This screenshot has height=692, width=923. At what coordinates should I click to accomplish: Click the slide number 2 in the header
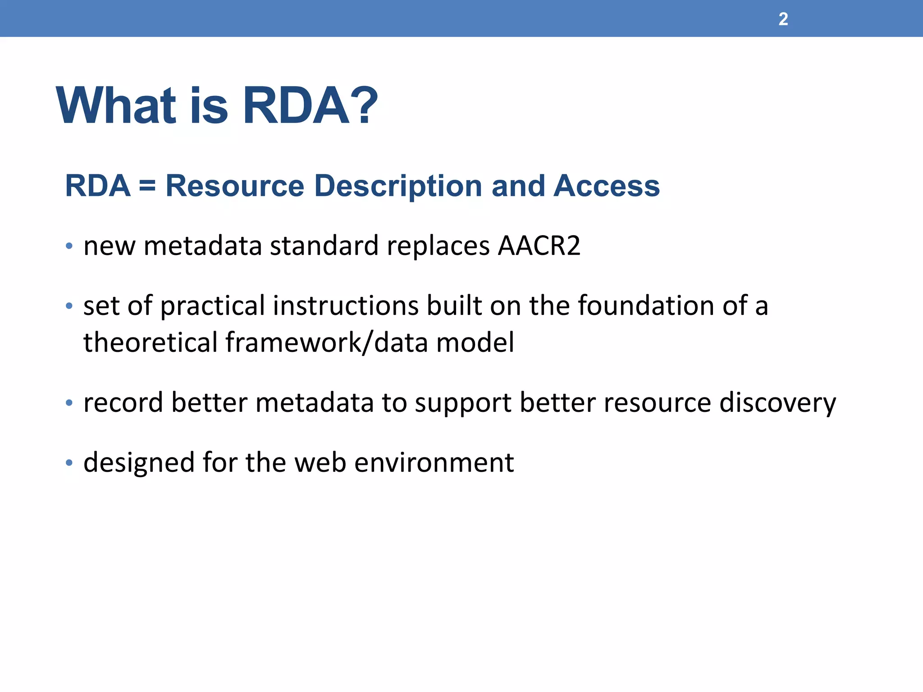783,19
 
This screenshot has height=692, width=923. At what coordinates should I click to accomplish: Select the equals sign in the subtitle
147,186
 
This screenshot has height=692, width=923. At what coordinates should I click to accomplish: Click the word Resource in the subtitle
235,186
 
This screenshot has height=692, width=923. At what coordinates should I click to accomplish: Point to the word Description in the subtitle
398,186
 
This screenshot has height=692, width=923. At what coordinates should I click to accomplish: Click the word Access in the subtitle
606,186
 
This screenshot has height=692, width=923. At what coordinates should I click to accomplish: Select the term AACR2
539,246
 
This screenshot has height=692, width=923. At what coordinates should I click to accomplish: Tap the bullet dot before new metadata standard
69,246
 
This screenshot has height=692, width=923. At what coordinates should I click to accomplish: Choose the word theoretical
151,342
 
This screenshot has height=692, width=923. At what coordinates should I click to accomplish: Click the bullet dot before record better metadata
69,403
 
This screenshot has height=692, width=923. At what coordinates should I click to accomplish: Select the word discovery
777,402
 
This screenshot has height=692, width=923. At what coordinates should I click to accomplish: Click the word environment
434,463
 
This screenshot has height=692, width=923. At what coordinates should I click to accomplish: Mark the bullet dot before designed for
69,463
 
